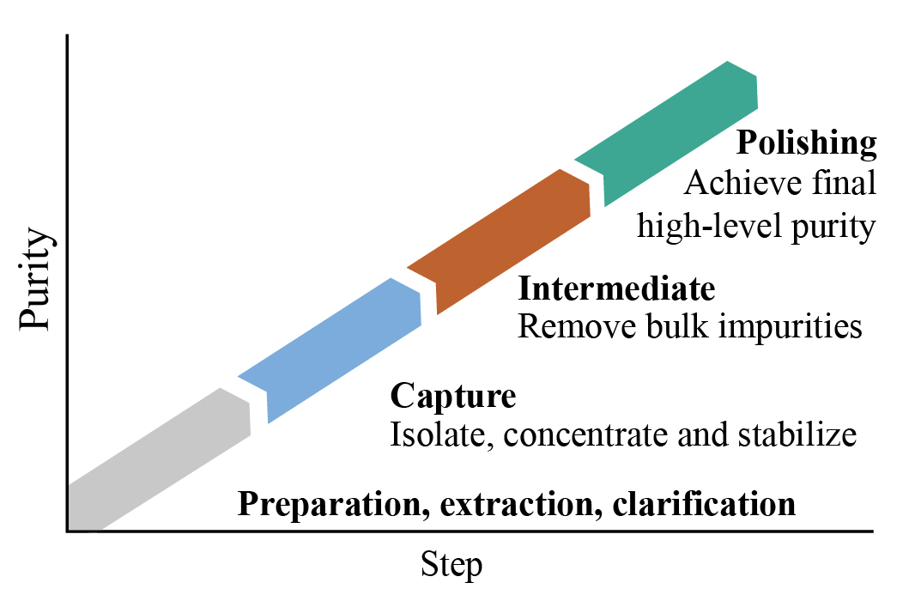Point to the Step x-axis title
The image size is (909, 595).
[451, 565]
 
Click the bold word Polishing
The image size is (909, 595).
[808, 143]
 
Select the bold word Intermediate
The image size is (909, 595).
[616, 289]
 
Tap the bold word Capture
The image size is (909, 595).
[453, 397]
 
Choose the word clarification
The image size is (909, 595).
[704, 504]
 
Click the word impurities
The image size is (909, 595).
[790, 327]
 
